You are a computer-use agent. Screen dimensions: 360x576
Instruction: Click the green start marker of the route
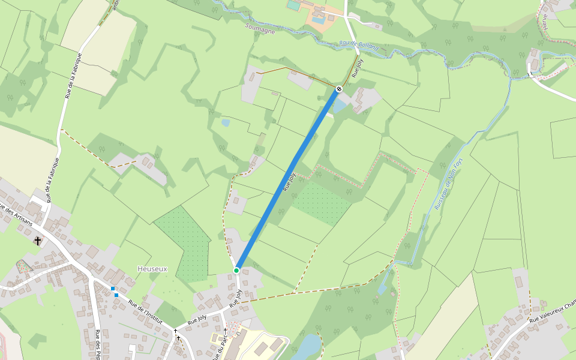[236, 271]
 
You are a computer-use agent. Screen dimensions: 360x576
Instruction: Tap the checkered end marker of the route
[339, 89]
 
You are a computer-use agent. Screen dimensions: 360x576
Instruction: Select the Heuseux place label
[152, 269]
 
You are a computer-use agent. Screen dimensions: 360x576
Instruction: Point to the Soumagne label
[260, 28]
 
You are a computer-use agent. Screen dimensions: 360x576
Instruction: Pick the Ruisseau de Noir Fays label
[449, 182]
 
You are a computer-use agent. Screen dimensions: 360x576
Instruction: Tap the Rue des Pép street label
[97, 345]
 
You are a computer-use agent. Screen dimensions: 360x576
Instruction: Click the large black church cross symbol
[38, 241]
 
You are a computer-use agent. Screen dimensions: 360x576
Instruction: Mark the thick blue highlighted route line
[288, 180]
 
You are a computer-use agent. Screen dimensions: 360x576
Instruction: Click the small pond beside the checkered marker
[339, 106]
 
